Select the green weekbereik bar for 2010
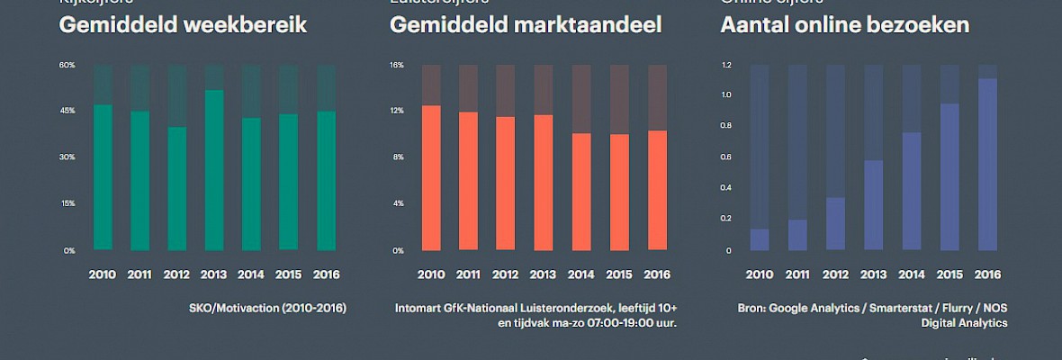click(103, 177)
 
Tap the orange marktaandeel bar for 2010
click(431, 177)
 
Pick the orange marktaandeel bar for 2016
click(657, 190)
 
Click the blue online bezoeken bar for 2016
click(987, 164)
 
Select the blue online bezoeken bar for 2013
click(873, 204)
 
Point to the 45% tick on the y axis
click(67, 111)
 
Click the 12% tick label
click(398, 111)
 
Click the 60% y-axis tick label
click(67, 66)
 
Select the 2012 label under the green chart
click(176, 274)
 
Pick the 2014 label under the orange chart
click(581, 274)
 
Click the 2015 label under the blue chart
click(949, 274)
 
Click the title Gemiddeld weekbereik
click(183, 25)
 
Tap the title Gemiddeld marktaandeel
click(526, 25)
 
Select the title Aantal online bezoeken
click(845, 25)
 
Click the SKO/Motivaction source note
click(267, 308)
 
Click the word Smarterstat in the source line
click(882, 308)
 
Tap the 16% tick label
click(398, 66)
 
